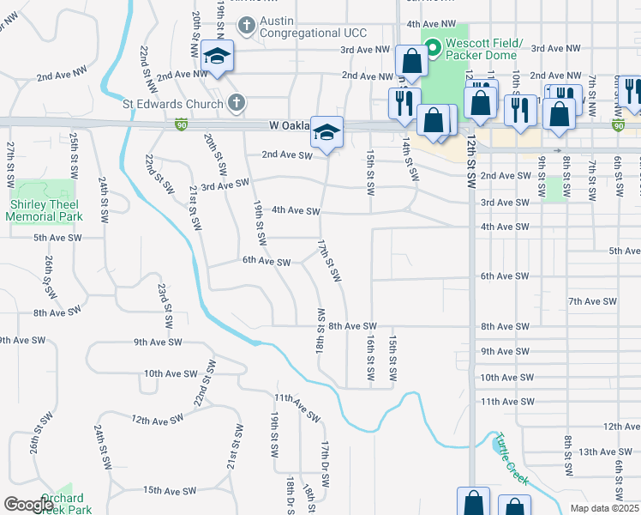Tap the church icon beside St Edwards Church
click(237, 103)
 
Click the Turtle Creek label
click(512, 459)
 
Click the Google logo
click(27, 504)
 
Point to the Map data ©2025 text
click(604, 508)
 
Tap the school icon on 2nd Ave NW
click(217, 58)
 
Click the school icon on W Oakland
click(326, 132)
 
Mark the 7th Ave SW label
click(592, 301)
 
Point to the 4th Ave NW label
click(434, 24)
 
